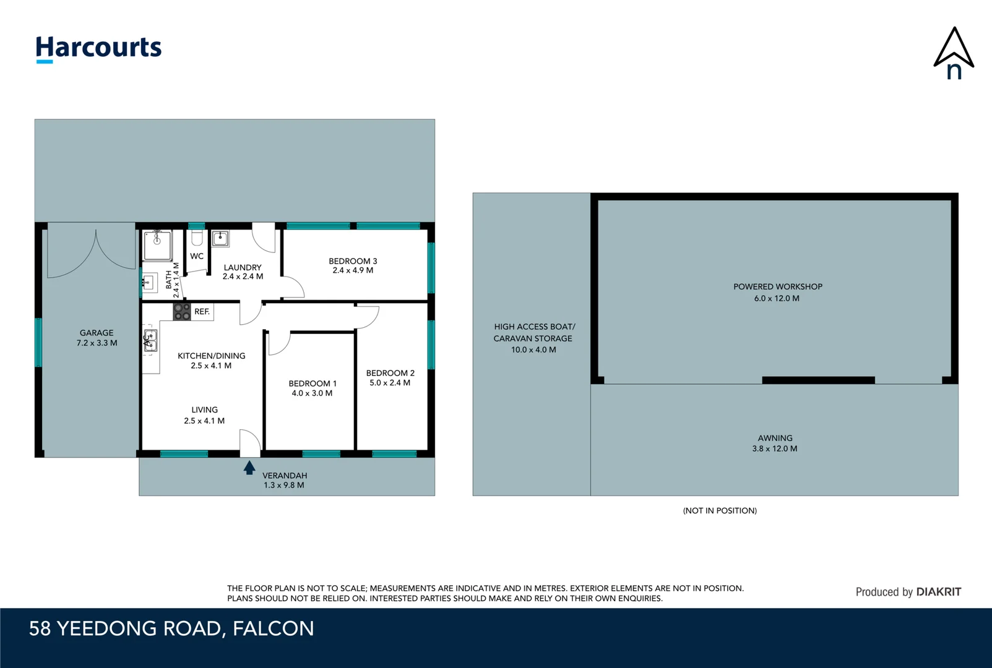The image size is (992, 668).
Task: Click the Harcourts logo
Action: pyautogui.click(x=98, y=48)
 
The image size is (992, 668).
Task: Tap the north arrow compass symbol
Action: pyautogui.click(x=954, y=54)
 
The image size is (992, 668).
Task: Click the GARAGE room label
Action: pyautogui.click(x=97, y=333)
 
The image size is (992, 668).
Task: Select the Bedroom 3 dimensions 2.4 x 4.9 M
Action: pyautogui.click(x=353, y=270)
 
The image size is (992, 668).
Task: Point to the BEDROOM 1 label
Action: pyautogui.click(x=313, y=383)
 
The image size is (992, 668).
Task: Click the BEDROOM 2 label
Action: pyautogui.click(x=390, y=373)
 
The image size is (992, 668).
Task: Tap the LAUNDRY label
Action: pyautogui.click(x=243, y=267)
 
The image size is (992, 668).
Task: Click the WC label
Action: pyautogui.click(x=197, y=256)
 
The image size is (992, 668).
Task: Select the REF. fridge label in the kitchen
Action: pyautogui.click(x=202, y=312)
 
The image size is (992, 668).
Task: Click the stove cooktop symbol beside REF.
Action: pyautogui.click(x=181, y=312)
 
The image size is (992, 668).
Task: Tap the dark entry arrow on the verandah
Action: pyautogui.click(x=249, y=468)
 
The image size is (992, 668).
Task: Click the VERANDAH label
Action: pyautogui.click(x=285, y=476)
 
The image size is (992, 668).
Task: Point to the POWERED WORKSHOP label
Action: pyautogui.click(x=777, y=287)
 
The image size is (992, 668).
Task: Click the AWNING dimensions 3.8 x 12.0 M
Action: pyautogui.click(x=774, y=449)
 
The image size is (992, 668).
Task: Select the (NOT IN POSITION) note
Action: pyautogui.click(x=720, y=511)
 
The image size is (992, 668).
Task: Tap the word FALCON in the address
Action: pyautogui.click(x=274, y=628)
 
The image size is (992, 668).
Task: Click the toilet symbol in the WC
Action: pyautogui.click(x=197, y=238)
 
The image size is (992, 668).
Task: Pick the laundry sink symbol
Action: pyautogui.click(x=220, y=238)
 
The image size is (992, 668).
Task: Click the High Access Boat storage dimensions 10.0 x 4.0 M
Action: pyautogui.click(x=533, y=350)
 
